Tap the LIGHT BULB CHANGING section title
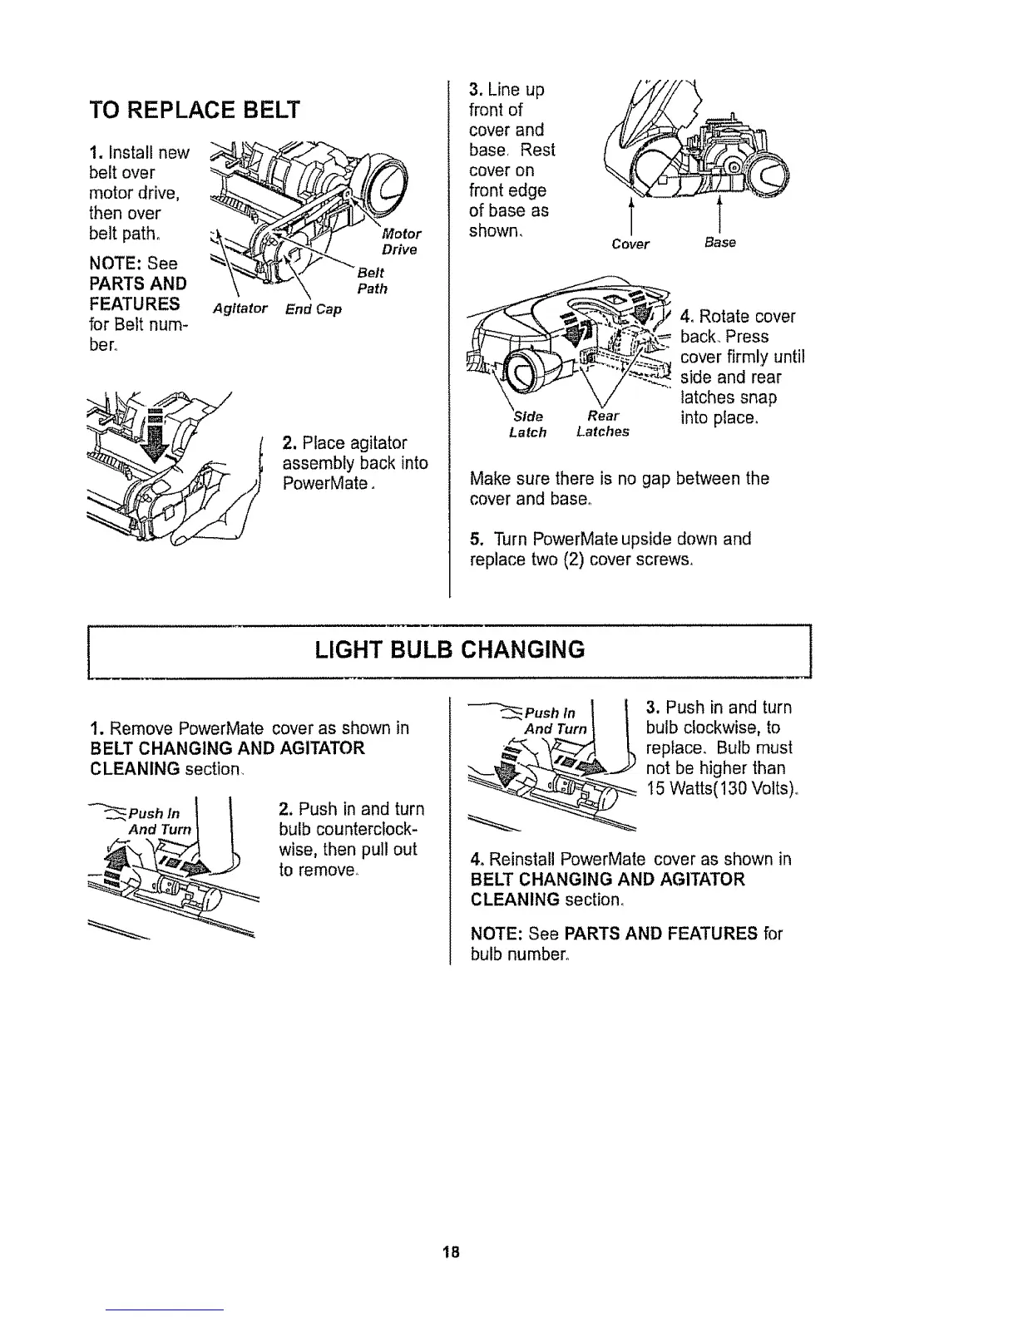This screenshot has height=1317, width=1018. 449,649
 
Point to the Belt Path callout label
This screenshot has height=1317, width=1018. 370,281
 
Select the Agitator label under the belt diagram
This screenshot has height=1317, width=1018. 240,309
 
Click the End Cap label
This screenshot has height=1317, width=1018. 313,309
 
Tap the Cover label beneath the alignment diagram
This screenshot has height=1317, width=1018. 630,244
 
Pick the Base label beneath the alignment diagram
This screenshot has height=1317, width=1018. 719,243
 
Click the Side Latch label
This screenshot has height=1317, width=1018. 527,424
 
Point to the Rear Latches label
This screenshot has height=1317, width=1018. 602,424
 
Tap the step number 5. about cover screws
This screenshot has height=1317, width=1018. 476,539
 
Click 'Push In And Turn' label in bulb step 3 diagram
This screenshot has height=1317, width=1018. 555,721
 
